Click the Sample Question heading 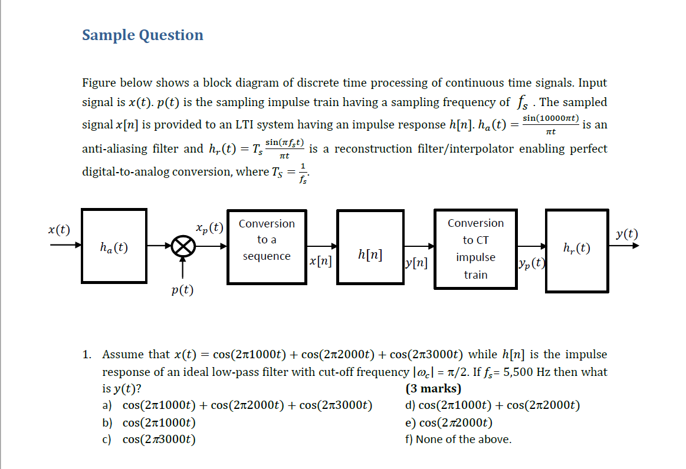click(x=143, y=35)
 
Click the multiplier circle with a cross click(x=183, y=246)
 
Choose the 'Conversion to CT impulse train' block click(x=475, y=249)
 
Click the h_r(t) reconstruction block click(x=577, y=249)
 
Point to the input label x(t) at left click(x=59, y=229)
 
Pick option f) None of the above click(x=458, y=439)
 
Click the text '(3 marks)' click(x=434, y=389)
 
